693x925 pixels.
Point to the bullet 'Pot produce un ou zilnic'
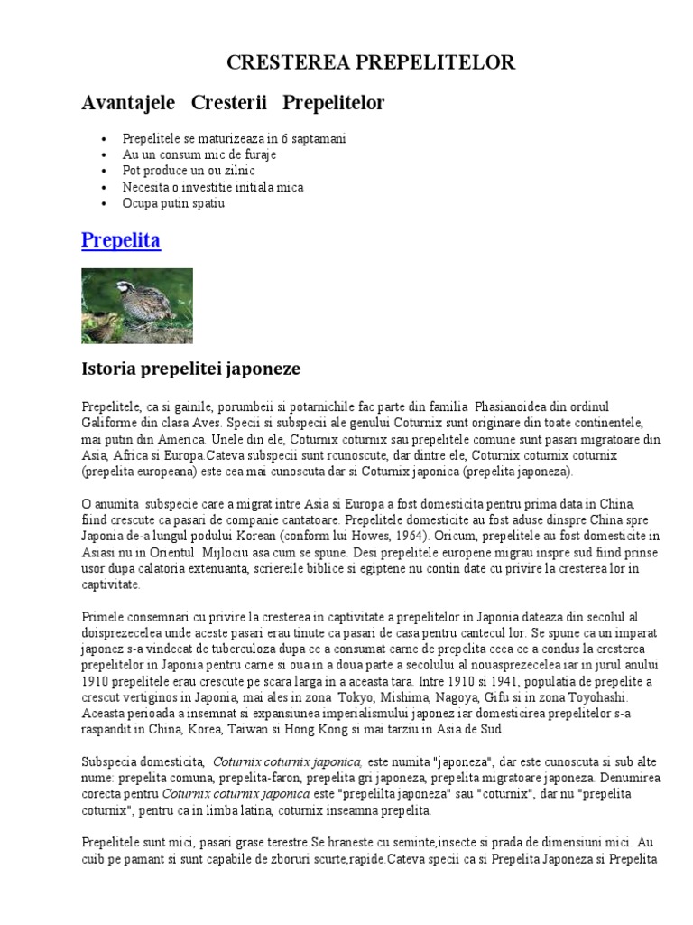pos(189,171)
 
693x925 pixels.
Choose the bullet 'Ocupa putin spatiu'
pos(173,203)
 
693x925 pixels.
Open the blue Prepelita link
pos(121,241)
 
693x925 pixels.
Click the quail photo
pos(137,305)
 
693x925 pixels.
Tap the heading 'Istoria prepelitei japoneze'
pos(190,369)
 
